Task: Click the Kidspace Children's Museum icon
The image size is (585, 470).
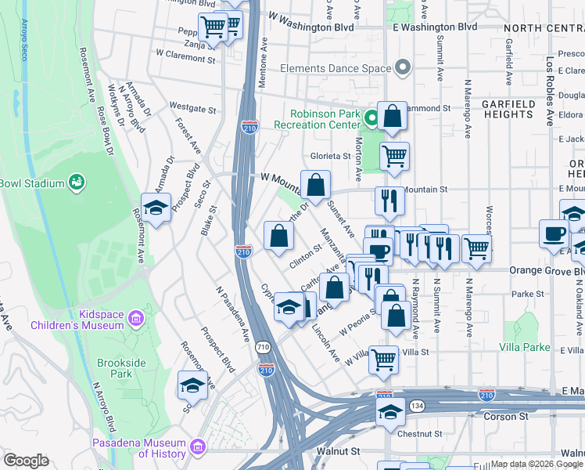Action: point(136,319)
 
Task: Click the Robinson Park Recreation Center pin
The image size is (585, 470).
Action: point(371,118)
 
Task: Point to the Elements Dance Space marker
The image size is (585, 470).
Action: point(403,68)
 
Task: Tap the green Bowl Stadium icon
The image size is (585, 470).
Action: point(77,183)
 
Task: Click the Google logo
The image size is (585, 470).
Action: point(26,461)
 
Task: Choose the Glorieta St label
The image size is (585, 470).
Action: point(330,156)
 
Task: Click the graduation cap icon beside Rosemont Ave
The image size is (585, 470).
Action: point(156,208)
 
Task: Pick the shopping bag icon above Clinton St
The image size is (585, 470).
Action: point(278,236)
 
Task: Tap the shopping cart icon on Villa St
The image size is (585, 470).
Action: point(383,360)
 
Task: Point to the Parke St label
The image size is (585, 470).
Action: point(528,294)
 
